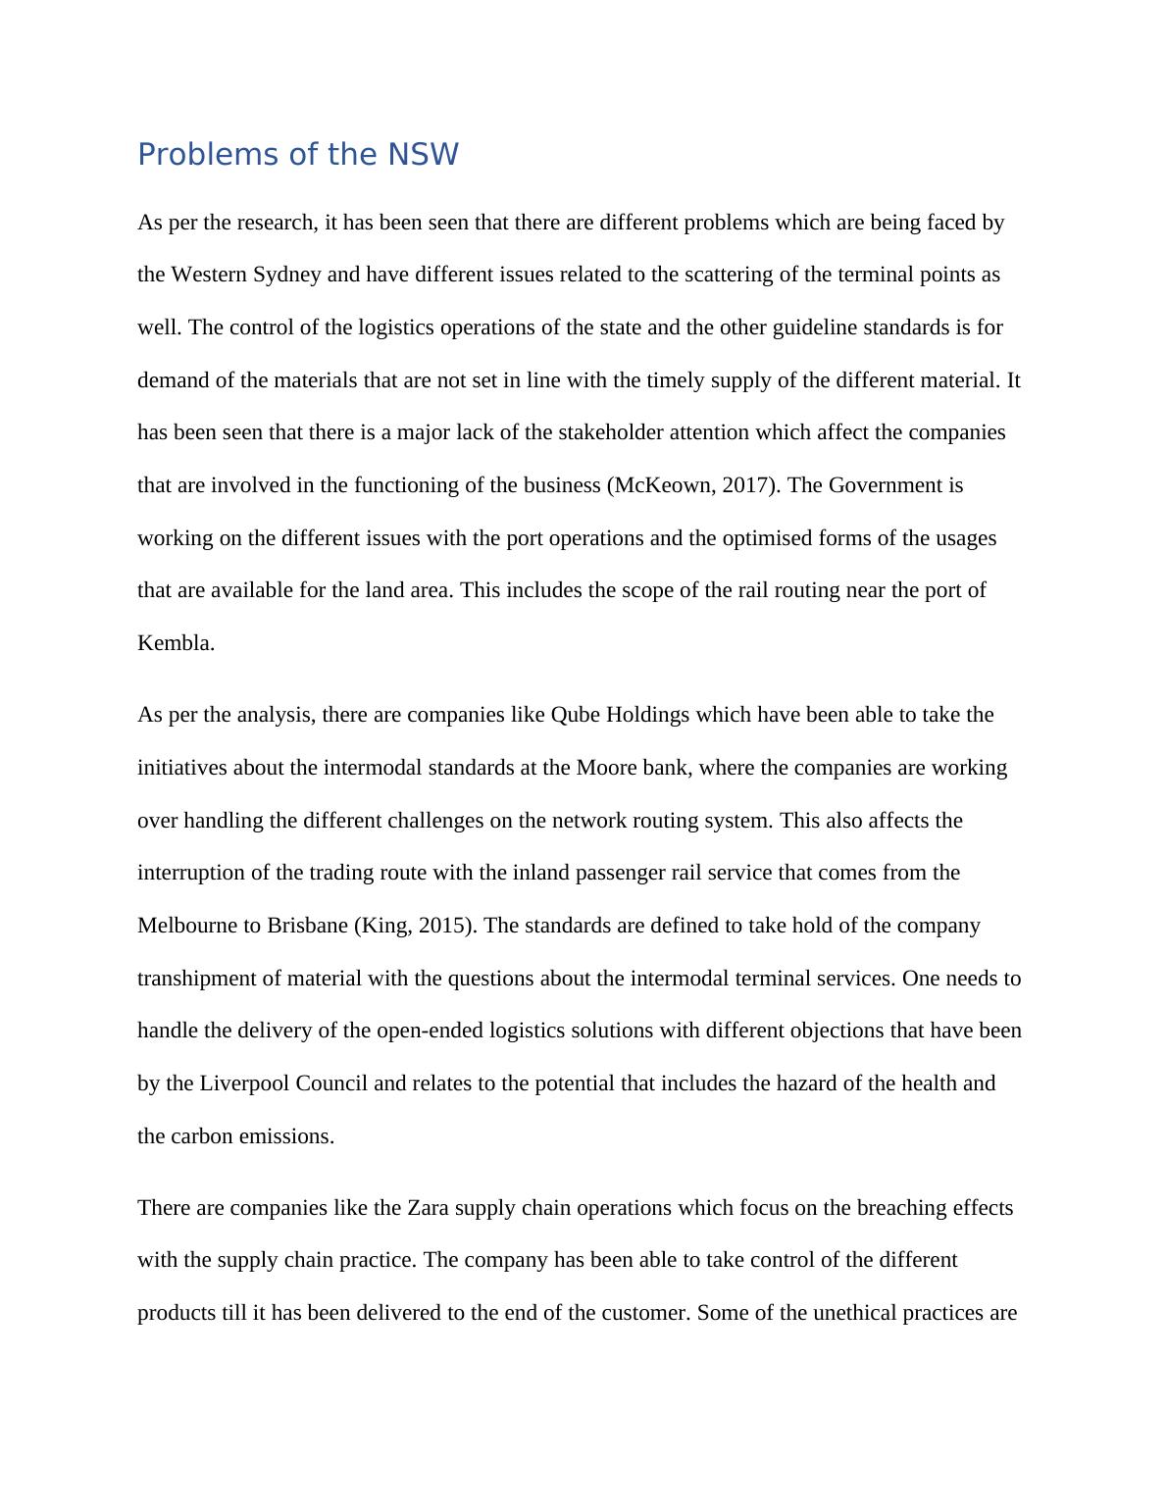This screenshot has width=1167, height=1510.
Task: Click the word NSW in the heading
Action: click(423, 155)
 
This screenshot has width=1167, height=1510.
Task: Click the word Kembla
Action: click(175, 643)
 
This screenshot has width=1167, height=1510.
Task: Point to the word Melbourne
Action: click(186, 926)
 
